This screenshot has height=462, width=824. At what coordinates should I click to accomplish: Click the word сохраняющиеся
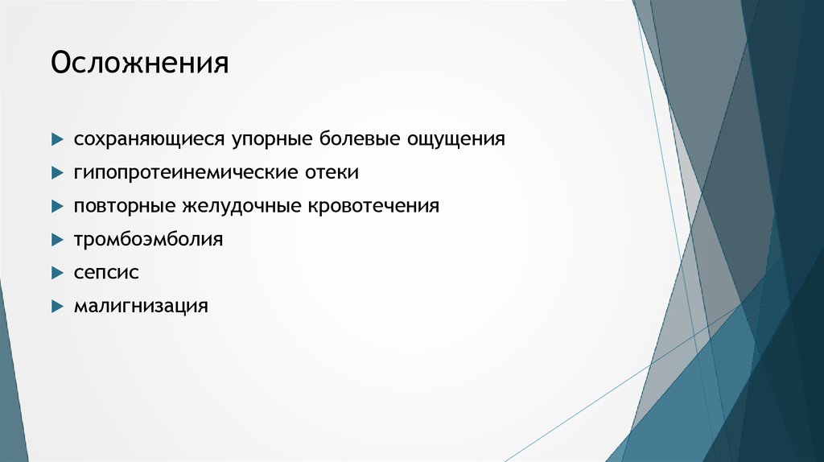tap(150, 139)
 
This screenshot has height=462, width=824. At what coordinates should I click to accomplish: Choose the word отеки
tap(338, 172)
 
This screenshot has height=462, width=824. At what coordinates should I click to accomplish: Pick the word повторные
tap(125, 206)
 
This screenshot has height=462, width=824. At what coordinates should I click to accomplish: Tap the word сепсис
tap(106, 273)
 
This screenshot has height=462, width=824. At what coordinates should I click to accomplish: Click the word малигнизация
tap(141, 306)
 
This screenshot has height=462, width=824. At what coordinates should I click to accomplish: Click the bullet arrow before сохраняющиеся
tap(57, 139)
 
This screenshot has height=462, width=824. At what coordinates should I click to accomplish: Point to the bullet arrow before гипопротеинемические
tap(57, 172)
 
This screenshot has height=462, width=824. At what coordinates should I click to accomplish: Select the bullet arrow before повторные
tap(57, 206)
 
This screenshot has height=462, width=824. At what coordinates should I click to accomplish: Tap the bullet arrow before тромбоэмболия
tap(57, 239)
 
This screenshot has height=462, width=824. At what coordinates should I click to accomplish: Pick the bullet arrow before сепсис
tap(57, 273)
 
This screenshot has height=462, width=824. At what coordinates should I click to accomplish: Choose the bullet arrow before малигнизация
tap(57, 306)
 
